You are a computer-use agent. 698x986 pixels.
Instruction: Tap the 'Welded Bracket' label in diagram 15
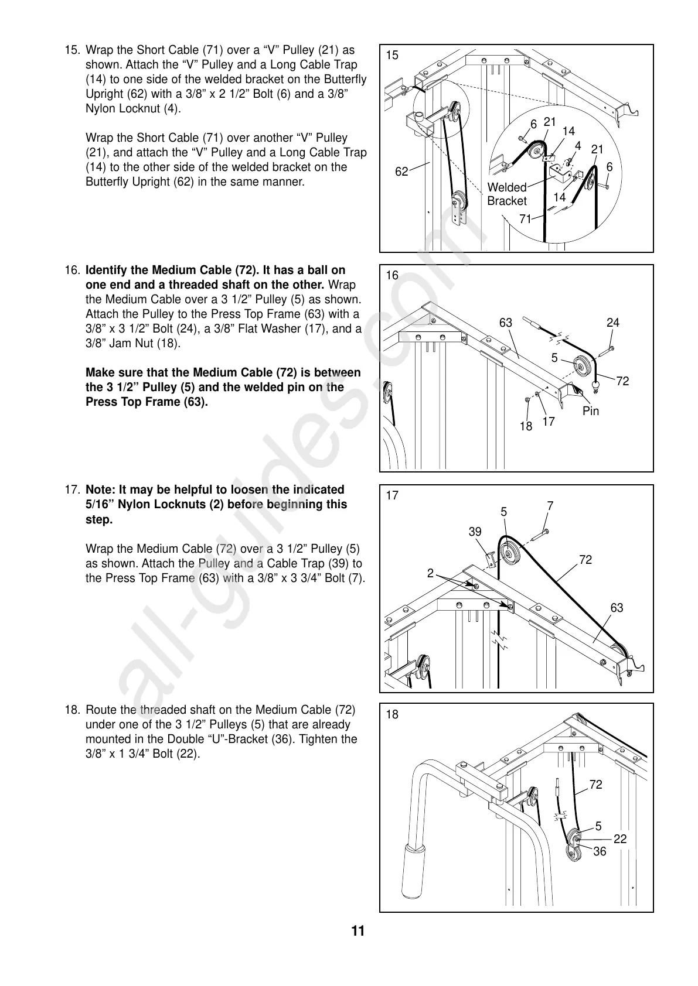[507, 194]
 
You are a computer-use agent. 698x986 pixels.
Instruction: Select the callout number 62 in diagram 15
[401, 172]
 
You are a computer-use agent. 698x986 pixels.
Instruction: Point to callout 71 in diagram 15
[526, 219]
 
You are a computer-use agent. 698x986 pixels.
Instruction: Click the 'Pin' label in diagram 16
[591, 411]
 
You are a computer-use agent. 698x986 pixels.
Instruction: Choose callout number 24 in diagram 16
[613, 323]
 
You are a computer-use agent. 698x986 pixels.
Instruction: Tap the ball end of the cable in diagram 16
[597, 385]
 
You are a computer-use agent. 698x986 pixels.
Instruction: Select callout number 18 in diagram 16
[526, 426]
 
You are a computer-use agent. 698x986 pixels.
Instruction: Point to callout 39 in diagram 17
[475, 532]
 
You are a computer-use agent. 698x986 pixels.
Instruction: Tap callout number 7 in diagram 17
[550, 505]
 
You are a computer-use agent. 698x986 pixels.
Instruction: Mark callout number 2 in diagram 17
[431, 573]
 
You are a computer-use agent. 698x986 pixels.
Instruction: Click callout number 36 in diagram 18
[600, 852]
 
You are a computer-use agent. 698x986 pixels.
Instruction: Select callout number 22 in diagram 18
[620, 839]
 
